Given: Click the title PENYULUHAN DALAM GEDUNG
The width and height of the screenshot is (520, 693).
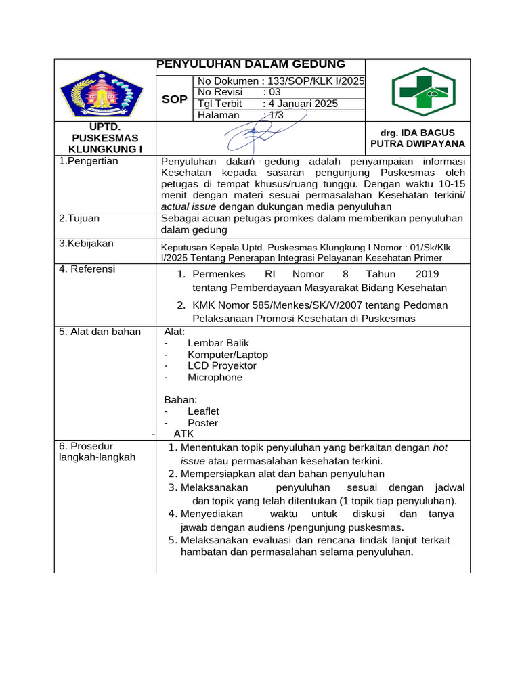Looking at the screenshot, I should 251,64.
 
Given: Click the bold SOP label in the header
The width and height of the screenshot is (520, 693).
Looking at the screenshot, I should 175,99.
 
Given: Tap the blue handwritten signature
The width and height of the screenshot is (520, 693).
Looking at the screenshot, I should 254,135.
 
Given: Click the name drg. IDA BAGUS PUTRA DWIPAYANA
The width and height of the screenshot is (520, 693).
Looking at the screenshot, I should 418,138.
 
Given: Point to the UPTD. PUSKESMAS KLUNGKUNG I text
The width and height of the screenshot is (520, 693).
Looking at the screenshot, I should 105,138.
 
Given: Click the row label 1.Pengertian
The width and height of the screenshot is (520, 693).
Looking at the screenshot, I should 89,161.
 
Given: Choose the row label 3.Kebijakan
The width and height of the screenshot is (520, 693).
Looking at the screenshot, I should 86,243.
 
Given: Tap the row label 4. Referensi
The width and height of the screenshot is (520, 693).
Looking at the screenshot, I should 87,269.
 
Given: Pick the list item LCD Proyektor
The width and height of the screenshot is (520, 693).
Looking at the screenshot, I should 221,366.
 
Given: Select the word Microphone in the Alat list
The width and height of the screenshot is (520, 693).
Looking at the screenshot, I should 215,378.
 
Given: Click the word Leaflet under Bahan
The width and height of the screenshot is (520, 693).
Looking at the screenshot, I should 203,411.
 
